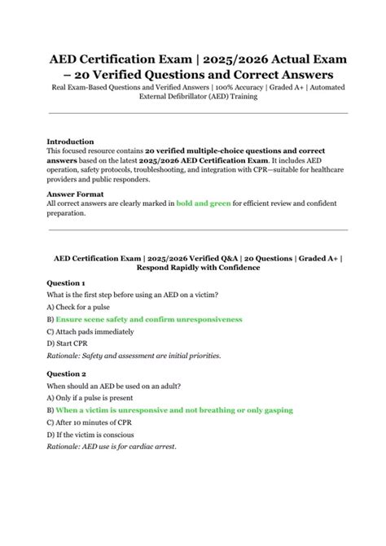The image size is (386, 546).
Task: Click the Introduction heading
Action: [70, 141]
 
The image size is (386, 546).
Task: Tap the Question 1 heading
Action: [66, 283]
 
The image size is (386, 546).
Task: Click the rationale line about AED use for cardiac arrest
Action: [112, 448]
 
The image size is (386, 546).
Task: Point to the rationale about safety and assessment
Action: [134, 355]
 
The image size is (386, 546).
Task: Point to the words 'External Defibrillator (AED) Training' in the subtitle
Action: [194, 97]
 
